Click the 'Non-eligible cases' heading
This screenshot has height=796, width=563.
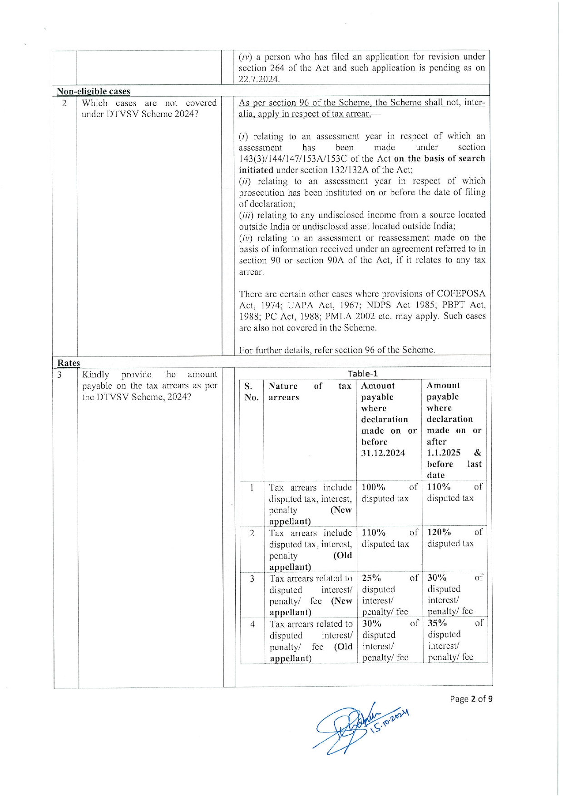tap(93, 91)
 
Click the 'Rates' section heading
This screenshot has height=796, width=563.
tap(69, 363)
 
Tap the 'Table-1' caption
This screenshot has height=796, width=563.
tap(362, 374)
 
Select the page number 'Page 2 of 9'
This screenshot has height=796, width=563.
tap(471, 699)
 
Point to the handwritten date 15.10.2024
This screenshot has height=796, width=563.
tap(390, 719)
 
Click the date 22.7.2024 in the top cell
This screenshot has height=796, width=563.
tap(259, 79)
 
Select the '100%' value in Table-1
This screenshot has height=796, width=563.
tap(373, 487)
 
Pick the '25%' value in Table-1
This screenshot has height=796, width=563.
tap(371, 578)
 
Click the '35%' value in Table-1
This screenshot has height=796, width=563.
tap(437, 623)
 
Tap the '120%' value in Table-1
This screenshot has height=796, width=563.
tap(439, 532)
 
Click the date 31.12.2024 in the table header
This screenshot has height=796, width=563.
tap(383, 453)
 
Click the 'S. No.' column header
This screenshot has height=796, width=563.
tap(251, 392)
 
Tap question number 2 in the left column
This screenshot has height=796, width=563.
tap(64, 103)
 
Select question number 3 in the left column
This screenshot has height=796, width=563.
tap(59, 375)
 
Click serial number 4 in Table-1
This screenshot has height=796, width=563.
tap(252, 624)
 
